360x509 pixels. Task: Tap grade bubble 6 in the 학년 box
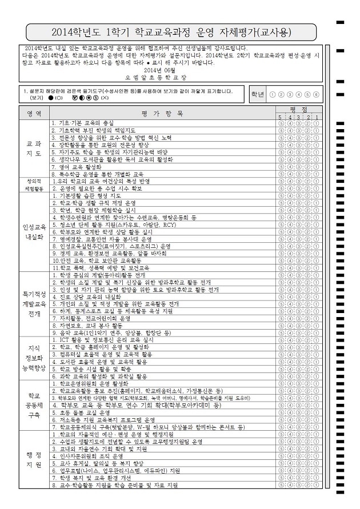tap(316, 95)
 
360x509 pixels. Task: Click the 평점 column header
tap(298, 109)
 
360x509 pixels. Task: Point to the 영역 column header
tap(34, 113)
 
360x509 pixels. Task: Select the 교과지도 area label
tap(34, 149)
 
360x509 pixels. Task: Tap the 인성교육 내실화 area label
tap(34, 231)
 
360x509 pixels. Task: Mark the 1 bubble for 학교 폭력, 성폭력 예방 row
tap(317, 268)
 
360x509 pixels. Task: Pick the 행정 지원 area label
tap(34, 460)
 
